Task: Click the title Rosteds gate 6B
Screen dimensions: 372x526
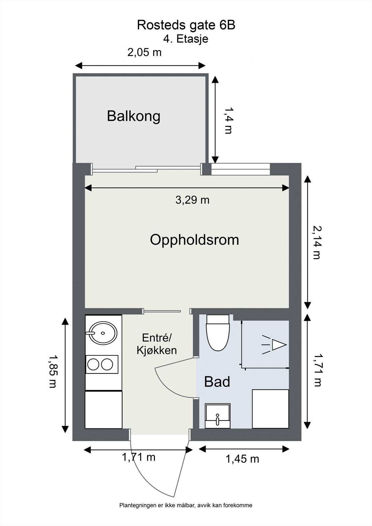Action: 186,25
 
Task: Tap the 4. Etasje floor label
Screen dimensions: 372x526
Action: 186,39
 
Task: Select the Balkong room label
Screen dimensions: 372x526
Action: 134,116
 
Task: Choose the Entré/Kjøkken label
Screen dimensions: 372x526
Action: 157,344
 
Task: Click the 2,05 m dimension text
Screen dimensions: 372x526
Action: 144,52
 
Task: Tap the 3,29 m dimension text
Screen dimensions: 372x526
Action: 192,200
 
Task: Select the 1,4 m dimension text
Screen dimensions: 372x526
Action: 228,120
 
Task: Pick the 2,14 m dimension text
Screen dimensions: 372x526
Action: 317,243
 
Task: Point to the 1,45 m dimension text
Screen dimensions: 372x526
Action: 242,459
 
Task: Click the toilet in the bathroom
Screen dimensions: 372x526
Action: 218,333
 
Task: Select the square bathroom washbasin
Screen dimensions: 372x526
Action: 217,416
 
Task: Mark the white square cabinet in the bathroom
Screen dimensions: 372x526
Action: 270,409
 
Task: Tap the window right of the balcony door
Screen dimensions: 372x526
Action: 240,169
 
